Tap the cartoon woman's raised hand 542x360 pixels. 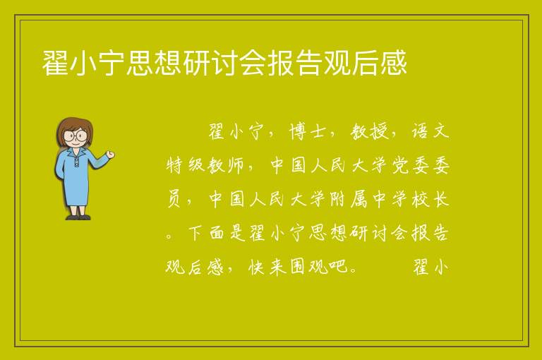pyautogui.click(x=110, y=155)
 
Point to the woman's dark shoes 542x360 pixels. pyautogui.click(x=78, y=217)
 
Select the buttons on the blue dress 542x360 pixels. pyautogui.click(x=76, y=162)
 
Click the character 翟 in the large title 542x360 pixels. pyautogui.click(x=55, y=63)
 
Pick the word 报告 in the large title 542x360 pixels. pyautogui.click(x=296, y=63)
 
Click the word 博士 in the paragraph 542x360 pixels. pyautogui.click(x=308, y=132)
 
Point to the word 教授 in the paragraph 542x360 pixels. pyautogui.click(x=369, y=132)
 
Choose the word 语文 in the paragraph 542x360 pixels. pyautogui.click(x=430, y=132)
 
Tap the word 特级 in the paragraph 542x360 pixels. pyautogui.click(x=186, y=165)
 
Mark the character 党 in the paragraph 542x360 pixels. pyautogui.click(x=400, y=165)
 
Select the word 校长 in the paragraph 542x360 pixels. pyautogui.click(x=430, y=199)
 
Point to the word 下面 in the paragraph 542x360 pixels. pyautogui.click(x=206, y=233)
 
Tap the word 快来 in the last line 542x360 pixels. pyautogui.click(x=267, y=267)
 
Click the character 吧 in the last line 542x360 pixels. pyautogui.click(x=338, y=267)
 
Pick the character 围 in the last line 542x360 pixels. pyautogui.click(x=298, y=267)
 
